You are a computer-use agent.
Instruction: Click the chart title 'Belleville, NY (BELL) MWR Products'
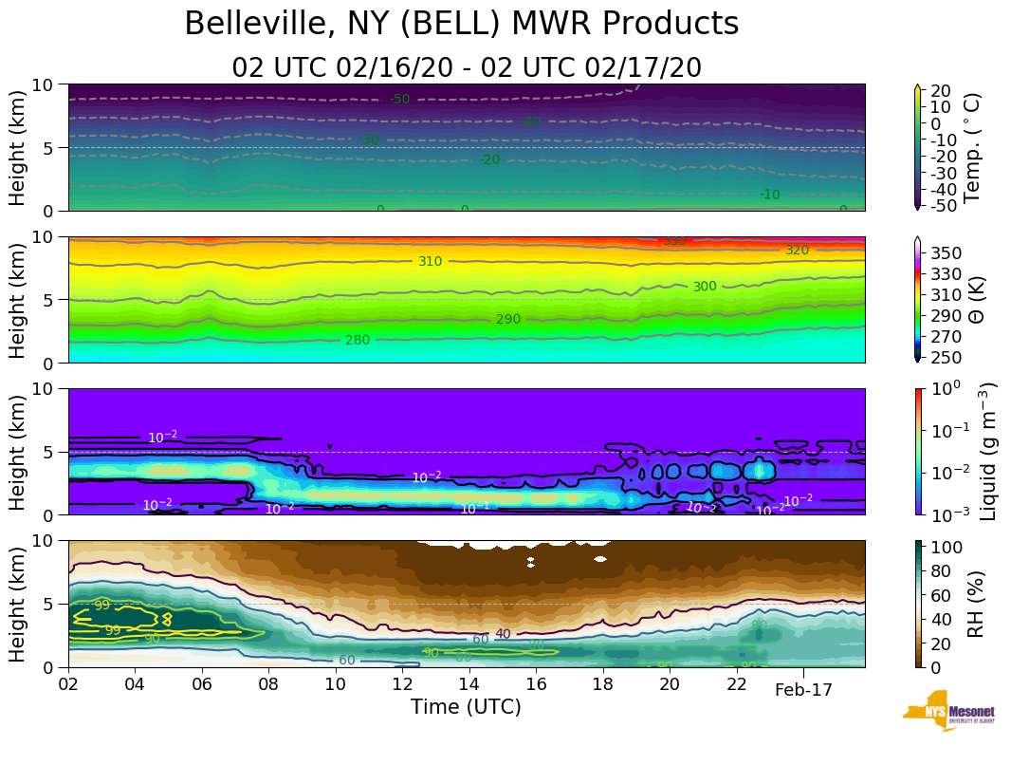[x=461, y=25]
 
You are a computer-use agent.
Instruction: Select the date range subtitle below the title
[x=466, y=68]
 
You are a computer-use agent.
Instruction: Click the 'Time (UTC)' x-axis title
[x=466, y=707]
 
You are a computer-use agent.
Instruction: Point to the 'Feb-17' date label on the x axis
[x=803, y=690]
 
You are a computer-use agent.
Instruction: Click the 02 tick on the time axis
[x=68, y=685]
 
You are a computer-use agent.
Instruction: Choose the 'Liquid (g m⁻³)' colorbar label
[x=987, y=452]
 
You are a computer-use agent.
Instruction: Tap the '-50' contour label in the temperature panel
[x=399, y=99]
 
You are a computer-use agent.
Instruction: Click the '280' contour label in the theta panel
[x=358, y=340]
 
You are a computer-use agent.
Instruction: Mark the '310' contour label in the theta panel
[x=431, y=261]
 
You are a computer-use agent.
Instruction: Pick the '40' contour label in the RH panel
[x=503, y=634]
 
